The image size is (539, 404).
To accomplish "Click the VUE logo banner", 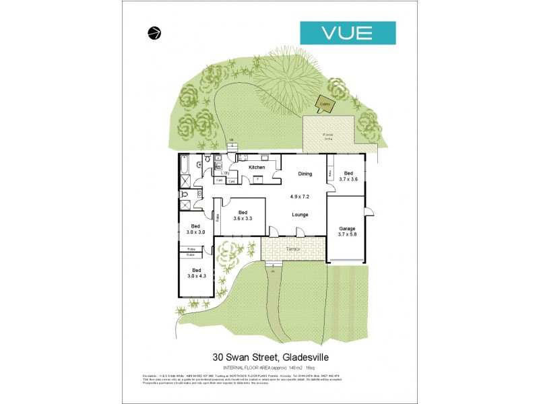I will point(347,32).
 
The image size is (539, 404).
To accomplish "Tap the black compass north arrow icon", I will point(154,32).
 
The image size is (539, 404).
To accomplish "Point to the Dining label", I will point(305,174).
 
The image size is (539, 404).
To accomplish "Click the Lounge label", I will point(300,215).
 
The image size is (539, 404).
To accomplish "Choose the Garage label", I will point(347,228).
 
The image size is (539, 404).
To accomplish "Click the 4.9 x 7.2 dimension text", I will point(299,197).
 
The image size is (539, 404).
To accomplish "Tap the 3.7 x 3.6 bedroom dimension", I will point(348,179).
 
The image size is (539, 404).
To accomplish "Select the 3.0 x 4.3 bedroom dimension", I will point(196,275).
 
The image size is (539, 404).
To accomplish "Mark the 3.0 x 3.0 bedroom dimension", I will point(195,232).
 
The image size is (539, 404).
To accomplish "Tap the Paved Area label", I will point(328,137).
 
